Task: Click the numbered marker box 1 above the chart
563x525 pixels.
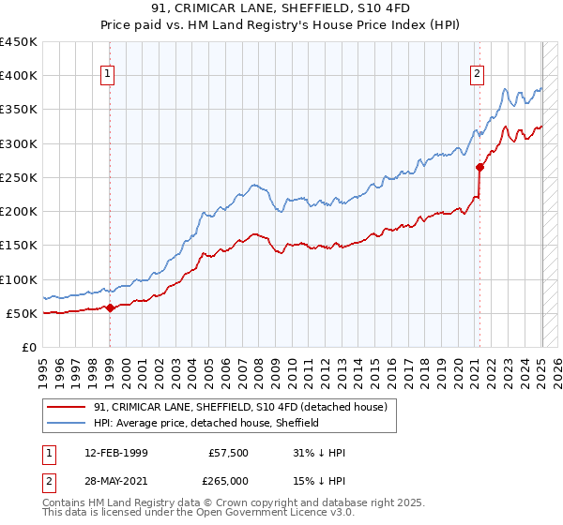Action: pos(109,74)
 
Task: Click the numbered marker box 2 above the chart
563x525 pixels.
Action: pos(478,74)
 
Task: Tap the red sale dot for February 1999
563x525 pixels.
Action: pos(110,307)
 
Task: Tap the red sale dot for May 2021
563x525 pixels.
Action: pos(479,168)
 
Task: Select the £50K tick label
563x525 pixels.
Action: pos(23,313)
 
